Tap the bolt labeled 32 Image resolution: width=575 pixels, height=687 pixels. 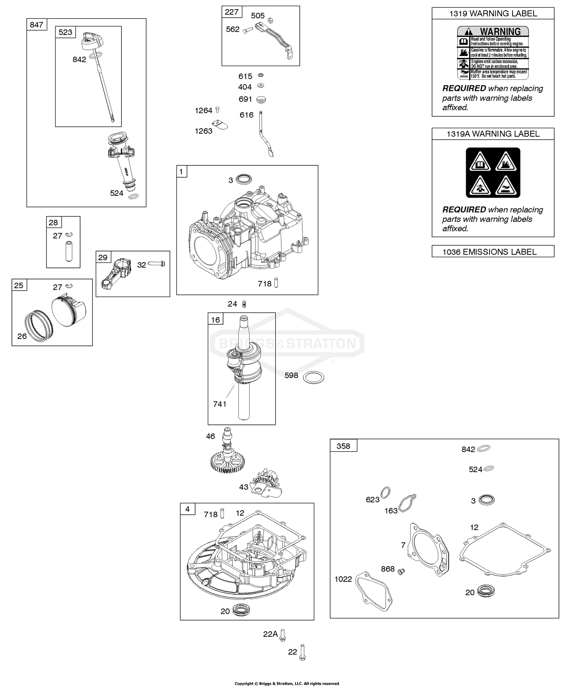pyautogui.click(x=156, y=264)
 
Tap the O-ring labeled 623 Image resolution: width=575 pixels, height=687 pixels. pyautogui.click(x=386, y=492)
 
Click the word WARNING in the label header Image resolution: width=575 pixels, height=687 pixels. pyautogui.click(x=500, y=31)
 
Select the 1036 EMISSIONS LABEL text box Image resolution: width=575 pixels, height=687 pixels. pyautogui.click(x=493, y=252)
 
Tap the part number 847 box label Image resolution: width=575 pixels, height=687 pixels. pyautogui.click(x=36, y=25)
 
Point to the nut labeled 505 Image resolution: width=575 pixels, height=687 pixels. pyautogui.click(x=270, y=20)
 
